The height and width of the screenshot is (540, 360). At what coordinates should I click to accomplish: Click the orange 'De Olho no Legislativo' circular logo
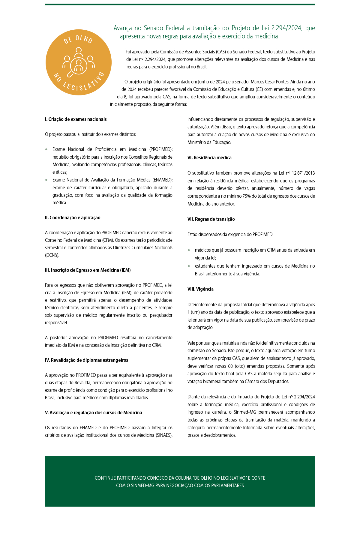pyautogui.click(x=79, y=62)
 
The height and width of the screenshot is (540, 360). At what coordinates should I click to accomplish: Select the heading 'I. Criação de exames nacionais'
pyautogui.click(x=76, y=119)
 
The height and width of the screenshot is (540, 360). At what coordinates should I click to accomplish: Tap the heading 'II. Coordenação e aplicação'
pyautogui.click(x=73, y=218)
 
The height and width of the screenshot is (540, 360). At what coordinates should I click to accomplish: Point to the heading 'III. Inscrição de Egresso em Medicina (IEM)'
pyautogui.click(x=88, y=270)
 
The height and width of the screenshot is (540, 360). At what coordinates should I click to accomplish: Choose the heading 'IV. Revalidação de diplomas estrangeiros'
pyautogui.click(x=86, y=360)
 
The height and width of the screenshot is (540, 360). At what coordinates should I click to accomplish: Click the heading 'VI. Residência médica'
pyautogui.click(x=209, y=158)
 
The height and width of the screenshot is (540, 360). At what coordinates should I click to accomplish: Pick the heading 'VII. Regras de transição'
pyautogui.click(x=211, y=219)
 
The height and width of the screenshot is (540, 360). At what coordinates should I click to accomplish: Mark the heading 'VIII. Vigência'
pyautogui.click(x=200, y=289)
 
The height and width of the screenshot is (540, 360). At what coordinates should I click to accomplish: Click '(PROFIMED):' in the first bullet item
pyautogui.click(x=161, y=149)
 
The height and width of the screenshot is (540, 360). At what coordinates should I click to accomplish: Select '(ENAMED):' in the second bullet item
pyautogui.click(x=162, y=180)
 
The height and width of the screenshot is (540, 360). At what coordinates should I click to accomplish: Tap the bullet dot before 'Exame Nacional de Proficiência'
pyautogui.click(x=46, y=149)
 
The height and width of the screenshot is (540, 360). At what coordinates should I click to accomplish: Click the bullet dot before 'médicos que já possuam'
pyautogui.click(x=189, y=250)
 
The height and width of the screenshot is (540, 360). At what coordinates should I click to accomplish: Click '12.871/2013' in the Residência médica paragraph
pyautogui.click(x=303, y=173)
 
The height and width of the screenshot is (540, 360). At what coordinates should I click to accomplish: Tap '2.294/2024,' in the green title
pyautogui.click(x=287, y=28)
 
